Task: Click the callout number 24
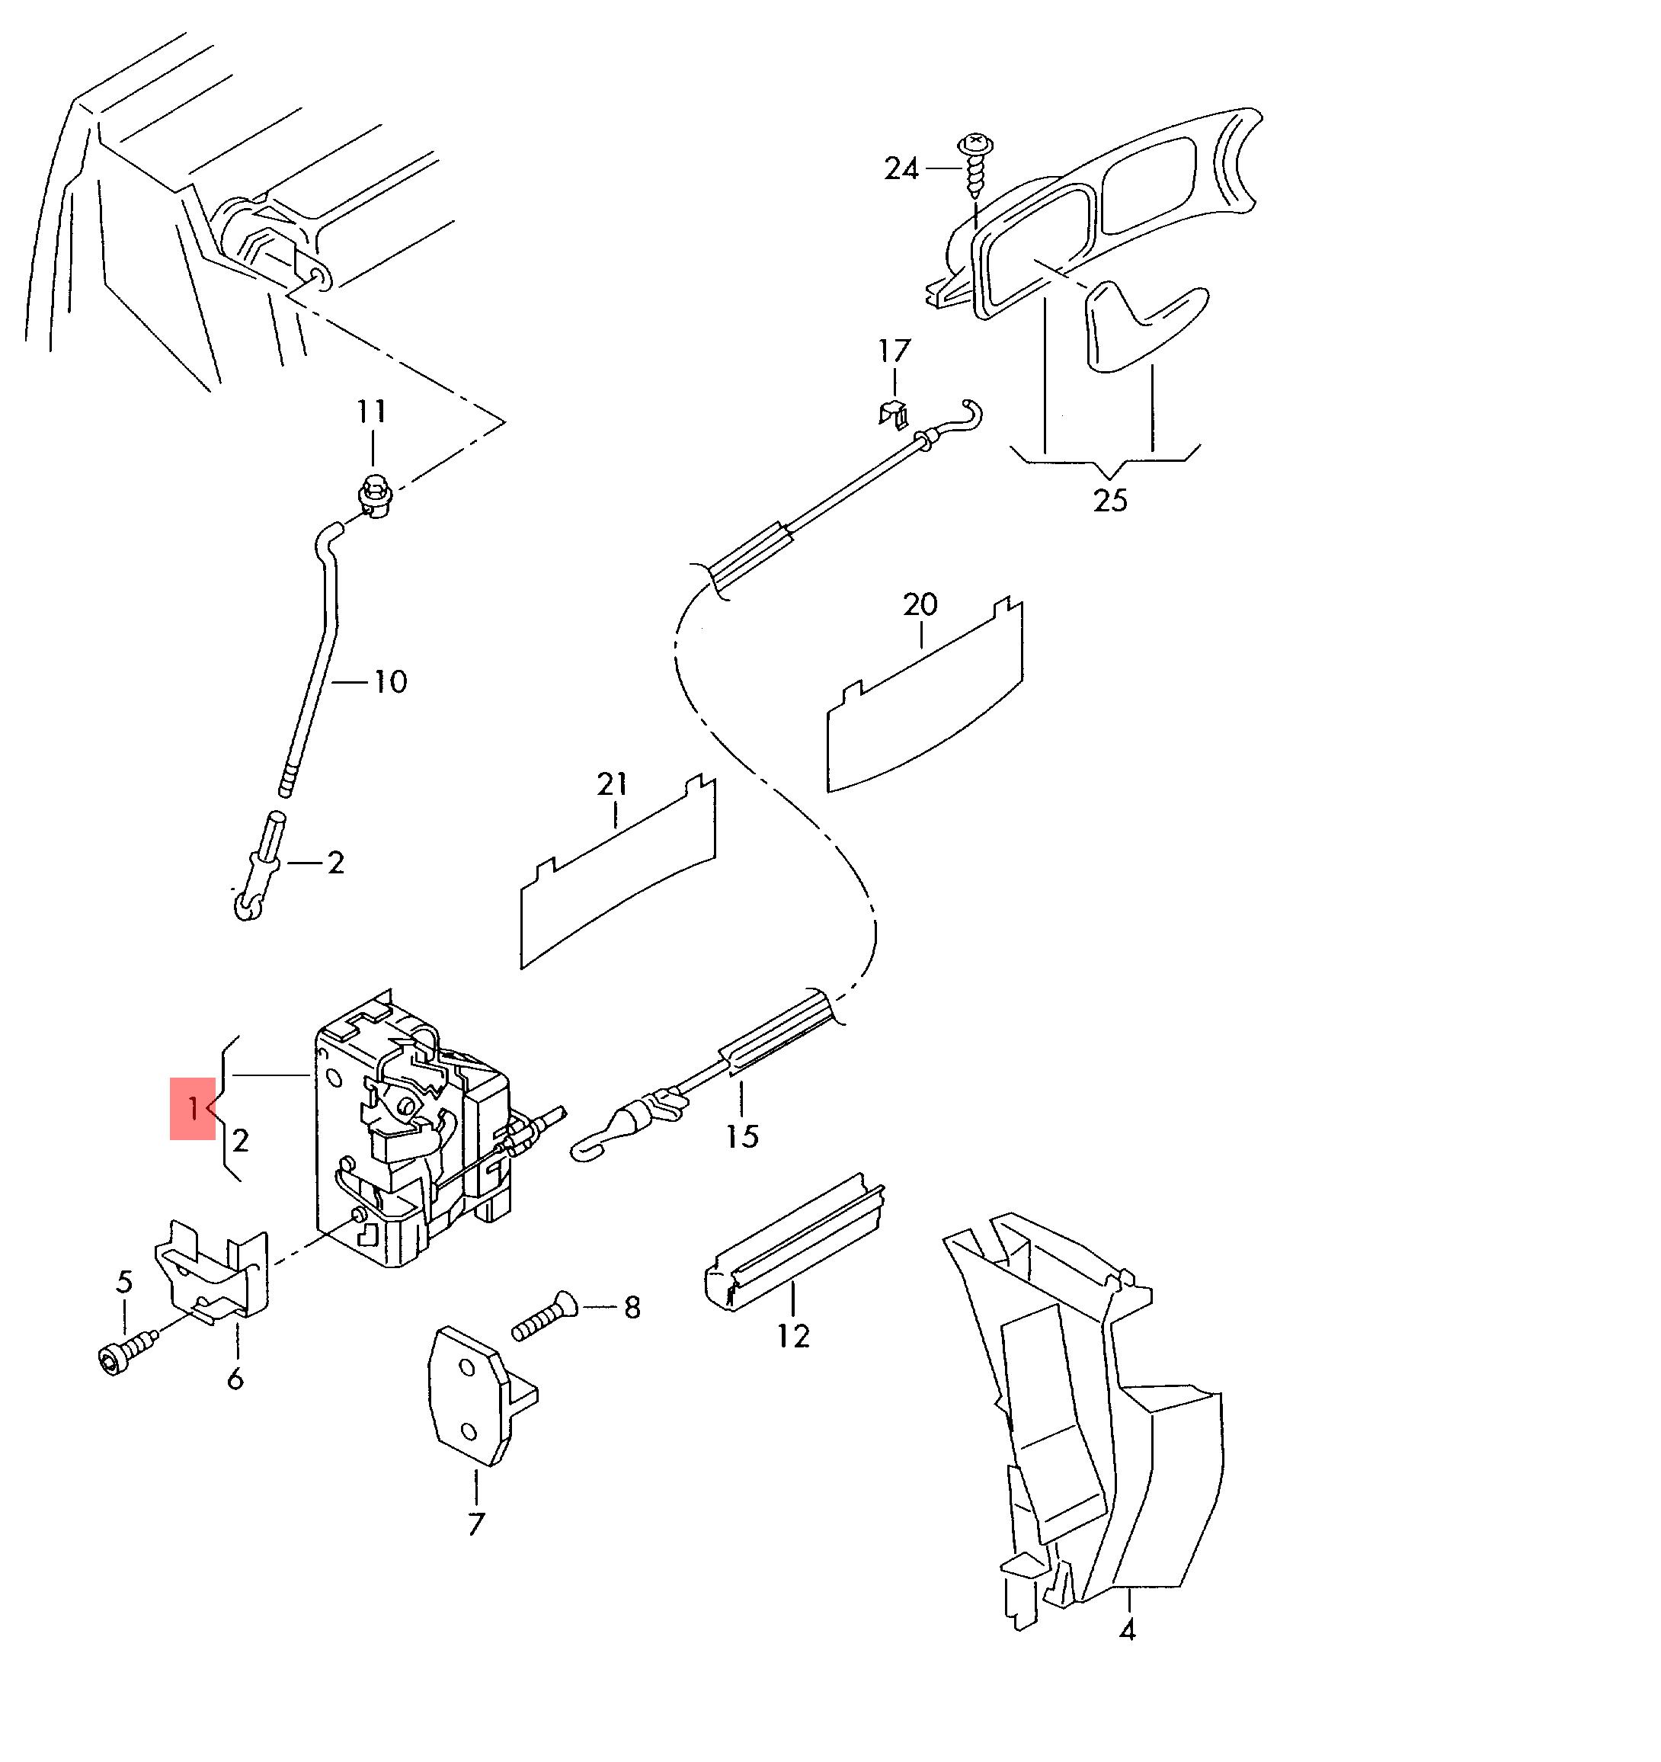[x=901, y=168]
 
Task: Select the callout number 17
[x=895, y=351]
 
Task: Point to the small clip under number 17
[x=895, y=413]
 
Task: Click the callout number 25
[x=1109, y=501]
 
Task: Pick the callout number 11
[x=373, y=412]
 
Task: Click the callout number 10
[x=390, y=681]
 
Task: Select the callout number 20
[x=920, y=604]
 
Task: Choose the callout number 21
[x=613, y=784]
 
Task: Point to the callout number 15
[x=742, y=1136]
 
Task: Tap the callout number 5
[x=125, y=1282]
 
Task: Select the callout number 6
[x=235, y=1379]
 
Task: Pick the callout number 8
[x=632, y=1307]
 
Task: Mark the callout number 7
[x=476, y=1524]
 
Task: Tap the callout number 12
[x=793, y=1336]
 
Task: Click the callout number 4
[x=1128, y=1629]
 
